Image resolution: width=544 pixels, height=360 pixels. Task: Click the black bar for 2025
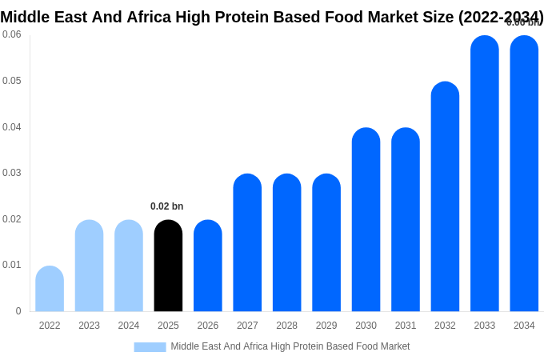(x=168, y=266)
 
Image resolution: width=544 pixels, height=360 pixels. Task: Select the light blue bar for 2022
(x=50, y=289)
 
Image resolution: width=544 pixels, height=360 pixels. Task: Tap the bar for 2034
(x=524, y=174)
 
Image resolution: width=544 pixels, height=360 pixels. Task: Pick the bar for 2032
(x=445, y=197)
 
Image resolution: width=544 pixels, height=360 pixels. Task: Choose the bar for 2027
(x=247, y=242)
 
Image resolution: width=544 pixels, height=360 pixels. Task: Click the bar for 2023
(x=89, y=266)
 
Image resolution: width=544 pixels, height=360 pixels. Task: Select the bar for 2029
(x=326, y=242)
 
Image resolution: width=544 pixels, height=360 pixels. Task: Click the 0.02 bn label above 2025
(x=167, y=206)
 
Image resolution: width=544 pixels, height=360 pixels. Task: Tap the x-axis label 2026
(x=208, y=326)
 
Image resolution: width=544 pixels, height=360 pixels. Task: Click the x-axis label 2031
(x=406, y=326)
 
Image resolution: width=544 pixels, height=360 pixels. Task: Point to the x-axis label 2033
(x=484, y=326)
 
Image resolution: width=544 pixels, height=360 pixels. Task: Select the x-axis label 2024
(x=129, y=326)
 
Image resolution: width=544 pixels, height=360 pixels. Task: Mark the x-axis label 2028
(x=286, y=326)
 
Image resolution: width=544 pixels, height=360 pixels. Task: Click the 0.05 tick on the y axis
(x=12, y=81)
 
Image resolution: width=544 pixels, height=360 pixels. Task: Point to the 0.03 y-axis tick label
(x=12, y=173)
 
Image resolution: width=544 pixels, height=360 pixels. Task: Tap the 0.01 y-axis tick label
(x=12, y=265)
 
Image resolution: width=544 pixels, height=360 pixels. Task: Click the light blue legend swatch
(x=150, y=346)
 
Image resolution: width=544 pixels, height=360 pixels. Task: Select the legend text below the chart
(x=290, y=346)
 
